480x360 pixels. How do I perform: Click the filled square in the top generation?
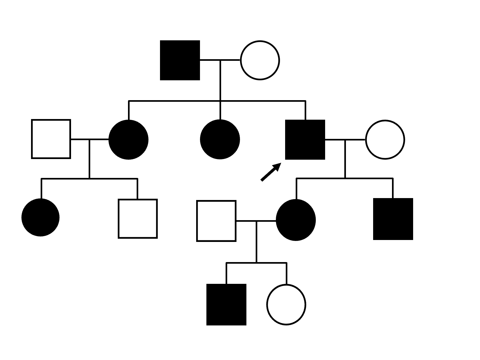[180, 60]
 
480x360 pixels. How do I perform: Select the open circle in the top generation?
[260, 60]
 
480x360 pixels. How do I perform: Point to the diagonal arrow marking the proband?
[270, 172]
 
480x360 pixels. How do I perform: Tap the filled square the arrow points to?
[305, 140]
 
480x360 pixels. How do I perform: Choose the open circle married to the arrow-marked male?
[385, 140]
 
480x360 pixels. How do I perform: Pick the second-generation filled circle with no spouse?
[220, 140]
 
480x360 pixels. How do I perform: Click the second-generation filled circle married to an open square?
[128, 140]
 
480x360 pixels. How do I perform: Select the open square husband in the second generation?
[51, 139]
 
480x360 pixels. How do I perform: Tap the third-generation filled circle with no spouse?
[41, 218]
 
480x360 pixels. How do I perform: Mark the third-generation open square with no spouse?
[138, 219]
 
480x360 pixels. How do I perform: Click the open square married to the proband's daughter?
[216, 221]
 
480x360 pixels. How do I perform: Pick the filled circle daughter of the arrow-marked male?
[296, 220]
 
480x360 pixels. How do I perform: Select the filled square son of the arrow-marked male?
[393, 219]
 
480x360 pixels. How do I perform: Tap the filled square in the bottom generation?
[226, 304]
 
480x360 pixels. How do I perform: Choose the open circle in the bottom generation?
[286, 305]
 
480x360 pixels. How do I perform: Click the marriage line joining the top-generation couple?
[220, 60]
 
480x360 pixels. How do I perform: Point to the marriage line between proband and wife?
[345, 140]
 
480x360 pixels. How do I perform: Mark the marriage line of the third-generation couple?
[256, 221]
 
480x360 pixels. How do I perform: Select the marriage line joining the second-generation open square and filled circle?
[90, 139]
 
